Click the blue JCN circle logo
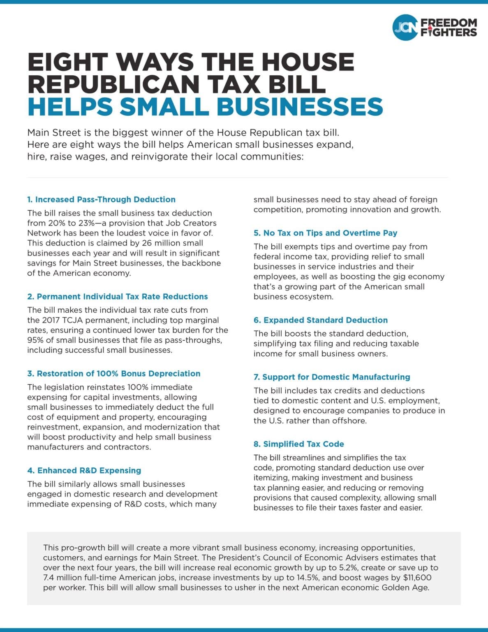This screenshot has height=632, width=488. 405,28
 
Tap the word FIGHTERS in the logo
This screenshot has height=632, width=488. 448,33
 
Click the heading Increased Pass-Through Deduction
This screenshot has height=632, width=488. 101,200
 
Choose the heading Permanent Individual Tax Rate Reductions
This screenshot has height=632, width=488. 118,297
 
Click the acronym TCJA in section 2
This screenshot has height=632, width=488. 76,320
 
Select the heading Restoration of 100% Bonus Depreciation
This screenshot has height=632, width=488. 114,374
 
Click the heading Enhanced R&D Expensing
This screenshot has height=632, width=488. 84,470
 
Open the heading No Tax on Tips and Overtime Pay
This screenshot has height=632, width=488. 325,233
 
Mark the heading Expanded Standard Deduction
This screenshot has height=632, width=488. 321,320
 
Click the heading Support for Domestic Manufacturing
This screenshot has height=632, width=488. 332,377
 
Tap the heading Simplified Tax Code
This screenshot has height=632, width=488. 299,444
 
